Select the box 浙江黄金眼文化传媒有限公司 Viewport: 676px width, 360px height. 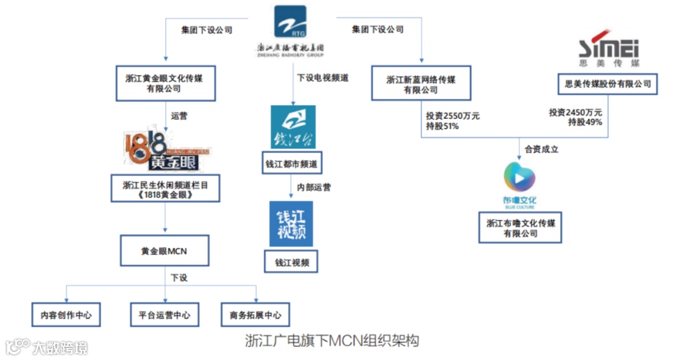[x=166, y=83]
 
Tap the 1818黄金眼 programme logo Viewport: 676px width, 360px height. [x=165, y=151]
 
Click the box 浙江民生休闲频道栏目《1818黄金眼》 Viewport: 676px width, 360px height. [x=165, y=189]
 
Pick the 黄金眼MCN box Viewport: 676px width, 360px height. [x=164, y=252]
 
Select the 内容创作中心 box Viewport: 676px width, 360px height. [x=66, y=315]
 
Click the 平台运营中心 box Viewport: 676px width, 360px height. [x=165, y=315]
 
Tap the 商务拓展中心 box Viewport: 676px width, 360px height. [x=255, y=315]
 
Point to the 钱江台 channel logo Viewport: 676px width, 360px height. [x=292, y=127]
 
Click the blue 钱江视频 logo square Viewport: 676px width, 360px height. [x=291, y=224]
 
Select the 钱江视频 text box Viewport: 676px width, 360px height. [x=291, y=262]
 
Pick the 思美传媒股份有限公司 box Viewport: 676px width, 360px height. [x=607, y=84]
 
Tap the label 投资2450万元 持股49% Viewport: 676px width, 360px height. [x=576, y=117]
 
